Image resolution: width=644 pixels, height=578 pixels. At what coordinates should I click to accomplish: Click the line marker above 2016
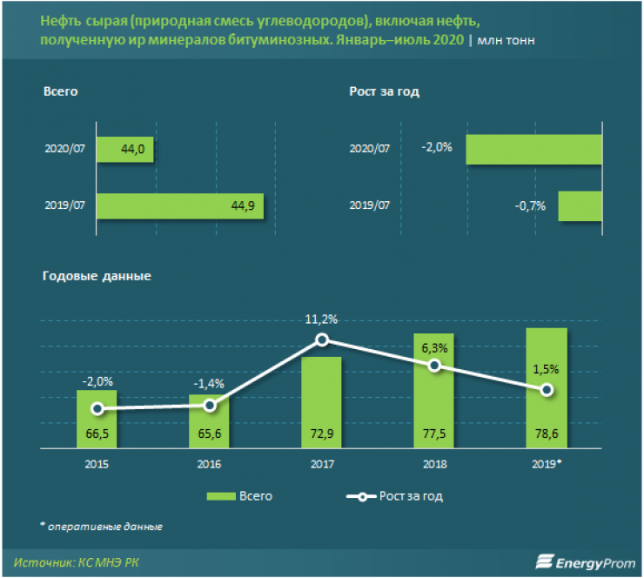(x=209, y=406)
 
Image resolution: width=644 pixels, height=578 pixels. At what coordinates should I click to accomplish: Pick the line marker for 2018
(x=433, y=366)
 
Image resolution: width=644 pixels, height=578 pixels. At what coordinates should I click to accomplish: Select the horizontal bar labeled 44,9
(x=179, y=206)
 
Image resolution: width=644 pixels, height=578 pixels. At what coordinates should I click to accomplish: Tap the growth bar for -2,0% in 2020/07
(x=534, y=149)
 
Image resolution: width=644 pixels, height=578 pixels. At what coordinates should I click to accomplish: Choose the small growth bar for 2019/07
(x=580, y=206)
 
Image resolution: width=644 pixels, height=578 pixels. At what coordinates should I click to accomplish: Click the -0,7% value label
(x=529, y=206)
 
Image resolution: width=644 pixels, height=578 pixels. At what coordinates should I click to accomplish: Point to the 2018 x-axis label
(x=433, y=464)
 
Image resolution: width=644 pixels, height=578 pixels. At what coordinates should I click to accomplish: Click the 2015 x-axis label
(x=97, y=464)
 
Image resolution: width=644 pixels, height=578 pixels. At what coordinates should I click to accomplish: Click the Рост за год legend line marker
(x=358, y=496)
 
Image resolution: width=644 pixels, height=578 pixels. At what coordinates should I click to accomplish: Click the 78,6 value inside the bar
(x=547, y=433)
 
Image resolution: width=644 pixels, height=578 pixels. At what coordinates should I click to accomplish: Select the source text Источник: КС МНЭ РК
(x=77, y=561)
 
